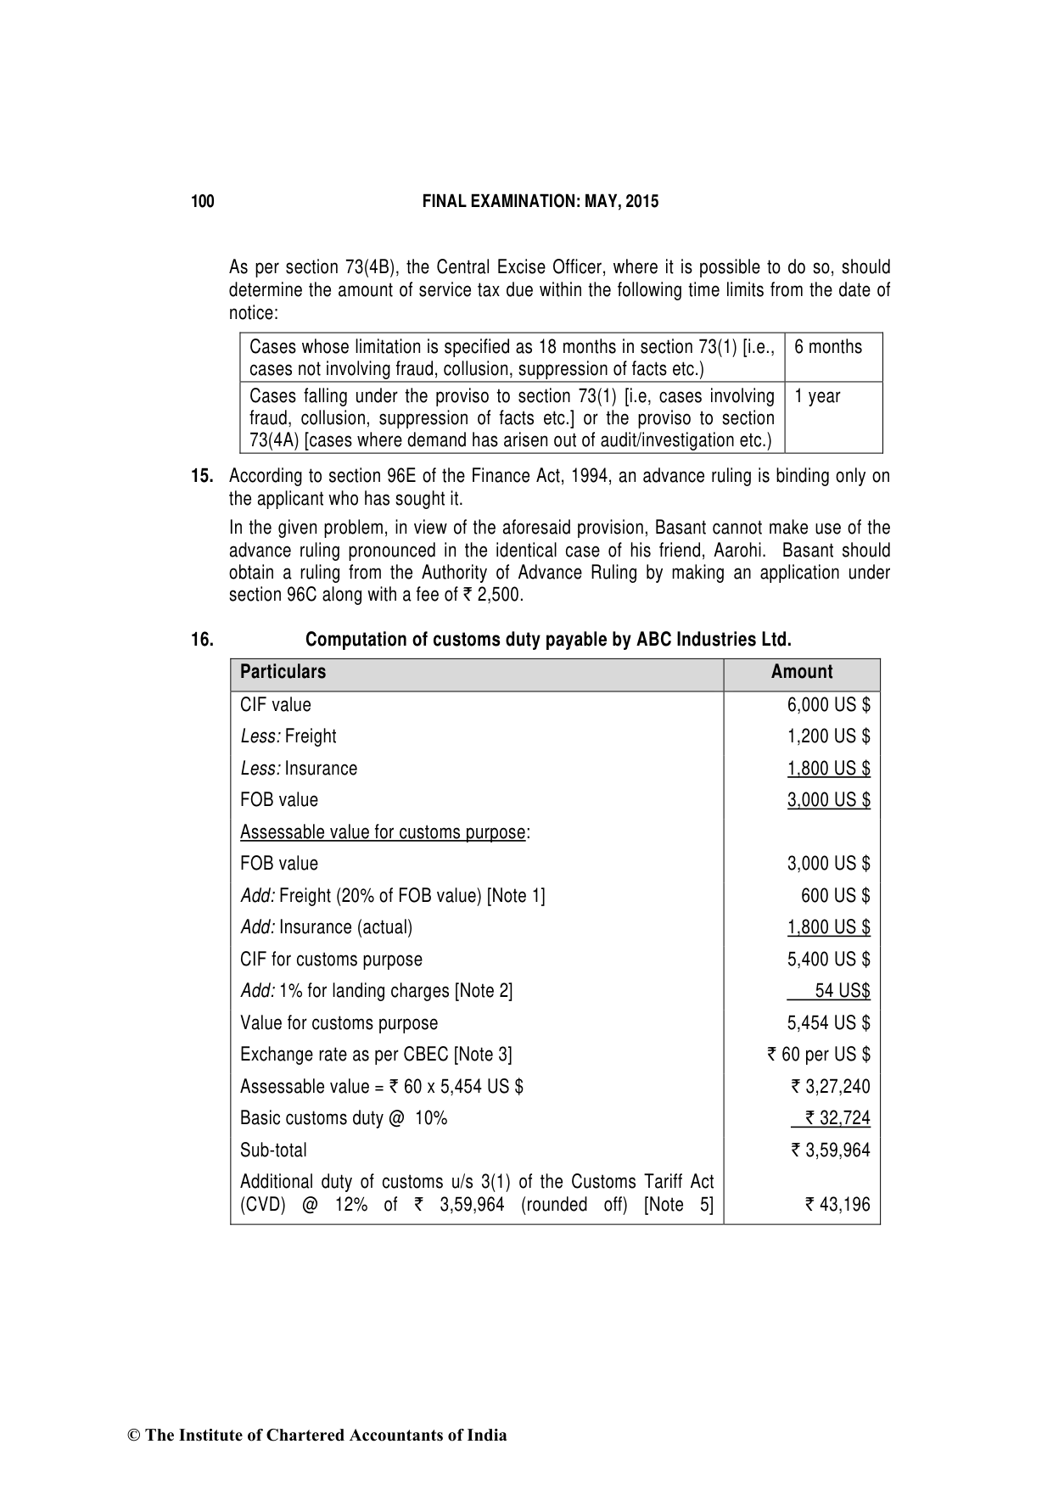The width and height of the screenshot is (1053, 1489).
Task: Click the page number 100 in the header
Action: [203, 202]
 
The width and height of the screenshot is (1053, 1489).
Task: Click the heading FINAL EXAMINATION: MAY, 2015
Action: [540, 202]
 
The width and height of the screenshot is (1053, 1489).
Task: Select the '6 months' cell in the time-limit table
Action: [828, 347]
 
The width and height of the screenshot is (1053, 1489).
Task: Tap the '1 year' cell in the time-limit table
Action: [817, 396]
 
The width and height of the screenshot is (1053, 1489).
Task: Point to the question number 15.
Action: [202, 476]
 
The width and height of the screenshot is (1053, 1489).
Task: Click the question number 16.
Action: [202, 640]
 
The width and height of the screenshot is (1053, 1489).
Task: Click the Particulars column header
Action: [283, 672]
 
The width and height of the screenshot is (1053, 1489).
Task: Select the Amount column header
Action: [801, 672]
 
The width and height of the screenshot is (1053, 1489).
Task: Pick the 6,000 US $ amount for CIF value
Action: [828, 705]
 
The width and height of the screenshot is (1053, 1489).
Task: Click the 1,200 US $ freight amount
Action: [828, 736]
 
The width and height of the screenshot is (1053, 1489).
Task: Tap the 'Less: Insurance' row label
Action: [299, 769]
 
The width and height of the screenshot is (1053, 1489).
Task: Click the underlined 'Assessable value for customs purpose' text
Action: [383, 832]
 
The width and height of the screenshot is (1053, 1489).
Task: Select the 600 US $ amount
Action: [835, 896]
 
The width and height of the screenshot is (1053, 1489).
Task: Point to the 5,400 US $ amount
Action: [828, 960]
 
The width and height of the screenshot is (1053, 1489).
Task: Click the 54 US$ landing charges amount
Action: [842, 991]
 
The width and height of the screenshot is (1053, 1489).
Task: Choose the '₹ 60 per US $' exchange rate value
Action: [818, 1055]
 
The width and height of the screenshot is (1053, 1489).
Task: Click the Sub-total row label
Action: [273, 1150]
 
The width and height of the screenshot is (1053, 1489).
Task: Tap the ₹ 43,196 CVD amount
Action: [837, 1205]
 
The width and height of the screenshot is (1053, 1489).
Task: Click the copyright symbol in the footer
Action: [133, 1436]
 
